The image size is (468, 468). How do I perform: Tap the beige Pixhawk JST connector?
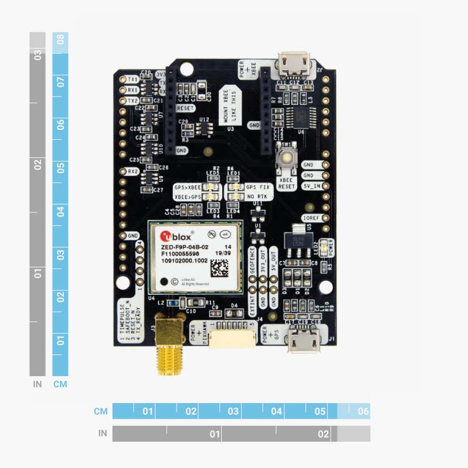point(232,339)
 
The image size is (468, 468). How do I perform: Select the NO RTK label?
point(257,197)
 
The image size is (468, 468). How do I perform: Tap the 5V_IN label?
point(311,186)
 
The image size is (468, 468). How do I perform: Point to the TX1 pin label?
point(133,79)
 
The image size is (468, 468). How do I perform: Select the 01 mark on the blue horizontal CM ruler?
point(147,411)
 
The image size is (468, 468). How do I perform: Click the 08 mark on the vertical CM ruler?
point(60,41)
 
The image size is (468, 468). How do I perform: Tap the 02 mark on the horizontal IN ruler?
point(323,434)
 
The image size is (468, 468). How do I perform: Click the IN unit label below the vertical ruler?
point(37,384)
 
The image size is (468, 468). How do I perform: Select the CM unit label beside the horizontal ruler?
point(101,411)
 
